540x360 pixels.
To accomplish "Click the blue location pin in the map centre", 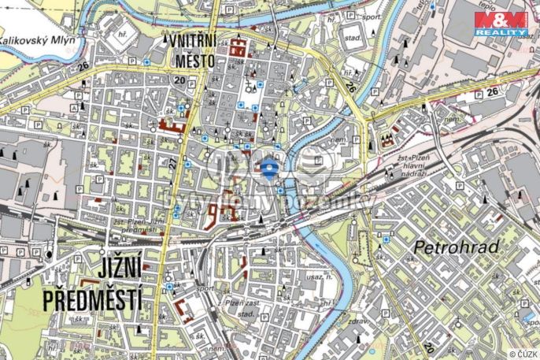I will point(269,168).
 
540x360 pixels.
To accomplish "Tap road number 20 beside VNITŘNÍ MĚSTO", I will point(180,80).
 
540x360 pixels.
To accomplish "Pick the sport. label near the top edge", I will point(372,16).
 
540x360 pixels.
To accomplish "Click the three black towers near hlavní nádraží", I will point(386,140).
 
